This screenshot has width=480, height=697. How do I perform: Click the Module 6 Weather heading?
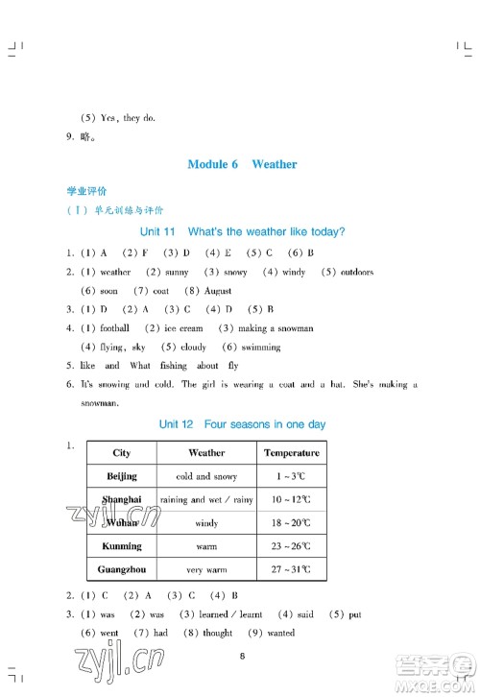242,164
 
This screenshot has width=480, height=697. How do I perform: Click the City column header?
122,453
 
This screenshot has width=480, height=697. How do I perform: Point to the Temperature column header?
292,453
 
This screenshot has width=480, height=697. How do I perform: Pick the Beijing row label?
122,476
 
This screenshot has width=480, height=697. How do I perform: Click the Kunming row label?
122,546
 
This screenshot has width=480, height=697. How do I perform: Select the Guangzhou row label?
122,570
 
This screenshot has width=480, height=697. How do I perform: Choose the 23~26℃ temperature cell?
292,546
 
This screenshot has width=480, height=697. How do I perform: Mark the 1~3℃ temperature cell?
292,476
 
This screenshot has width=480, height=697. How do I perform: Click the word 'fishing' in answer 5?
174,366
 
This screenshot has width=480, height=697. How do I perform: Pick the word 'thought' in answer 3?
218,633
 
